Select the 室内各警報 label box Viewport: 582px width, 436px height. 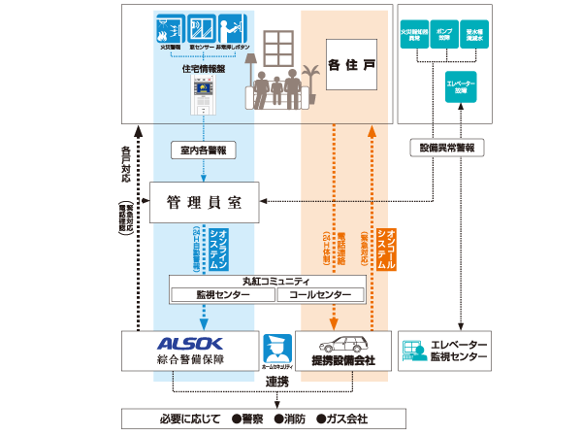[x=203, y=151]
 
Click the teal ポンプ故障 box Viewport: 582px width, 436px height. [x=446, y=35]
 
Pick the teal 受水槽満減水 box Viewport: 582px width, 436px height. [x=476, y=35]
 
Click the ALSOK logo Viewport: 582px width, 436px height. [x=190, y=343]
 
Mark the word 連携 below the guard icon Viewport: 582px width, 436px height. [x=277, y=382]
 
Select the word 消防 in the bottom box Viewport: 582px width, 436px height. [x=293, y=419]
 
